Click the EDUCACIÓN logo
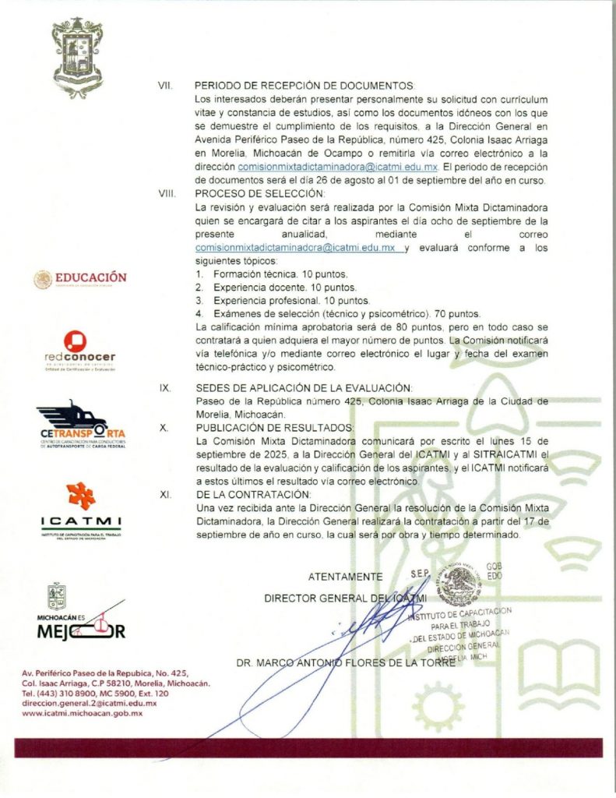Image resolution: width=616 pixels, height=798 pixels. point(80,279)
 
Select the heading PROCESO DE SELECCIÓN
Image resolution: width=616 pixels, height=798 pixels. point(260,193)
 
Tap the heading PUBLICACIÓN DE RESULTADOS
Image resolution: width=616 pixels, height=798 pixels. point(274,428)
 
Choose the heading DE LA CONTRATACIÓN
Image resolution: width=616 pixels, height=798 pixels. point(253,494)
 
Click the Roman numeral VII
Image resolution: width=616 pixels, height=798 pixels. point(164,85)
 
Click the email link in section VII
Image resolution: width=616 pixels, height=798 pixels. point(337,168)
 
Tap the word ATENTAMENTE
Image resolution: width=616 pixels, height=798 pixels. point(345,577)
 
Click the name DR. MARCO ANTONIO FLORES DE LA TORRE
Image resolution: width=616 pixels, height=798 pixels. point(345,664)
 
